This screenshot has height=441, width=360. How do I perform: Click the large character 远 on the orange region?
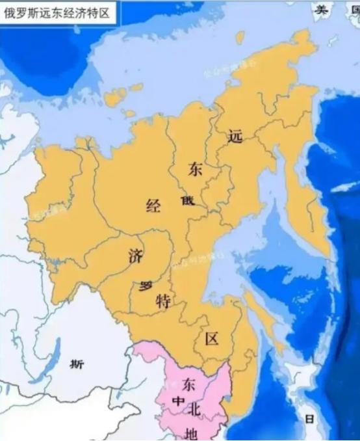pos(235,136)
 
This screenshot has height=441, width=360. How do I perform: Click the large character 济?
pos(135,256)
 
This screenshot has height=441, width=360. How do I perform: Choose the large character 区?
pos(211,339)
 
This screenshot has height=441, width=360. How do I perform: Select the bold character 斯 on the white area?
pos(77,365)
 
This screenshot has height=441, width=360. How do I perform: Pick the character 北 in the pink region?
pos(194,407)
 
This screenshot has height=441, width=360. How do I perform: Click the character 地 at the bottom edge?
pos(190,433)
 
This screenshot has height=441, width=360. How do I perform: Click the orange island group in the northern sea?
pos(117,96)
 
